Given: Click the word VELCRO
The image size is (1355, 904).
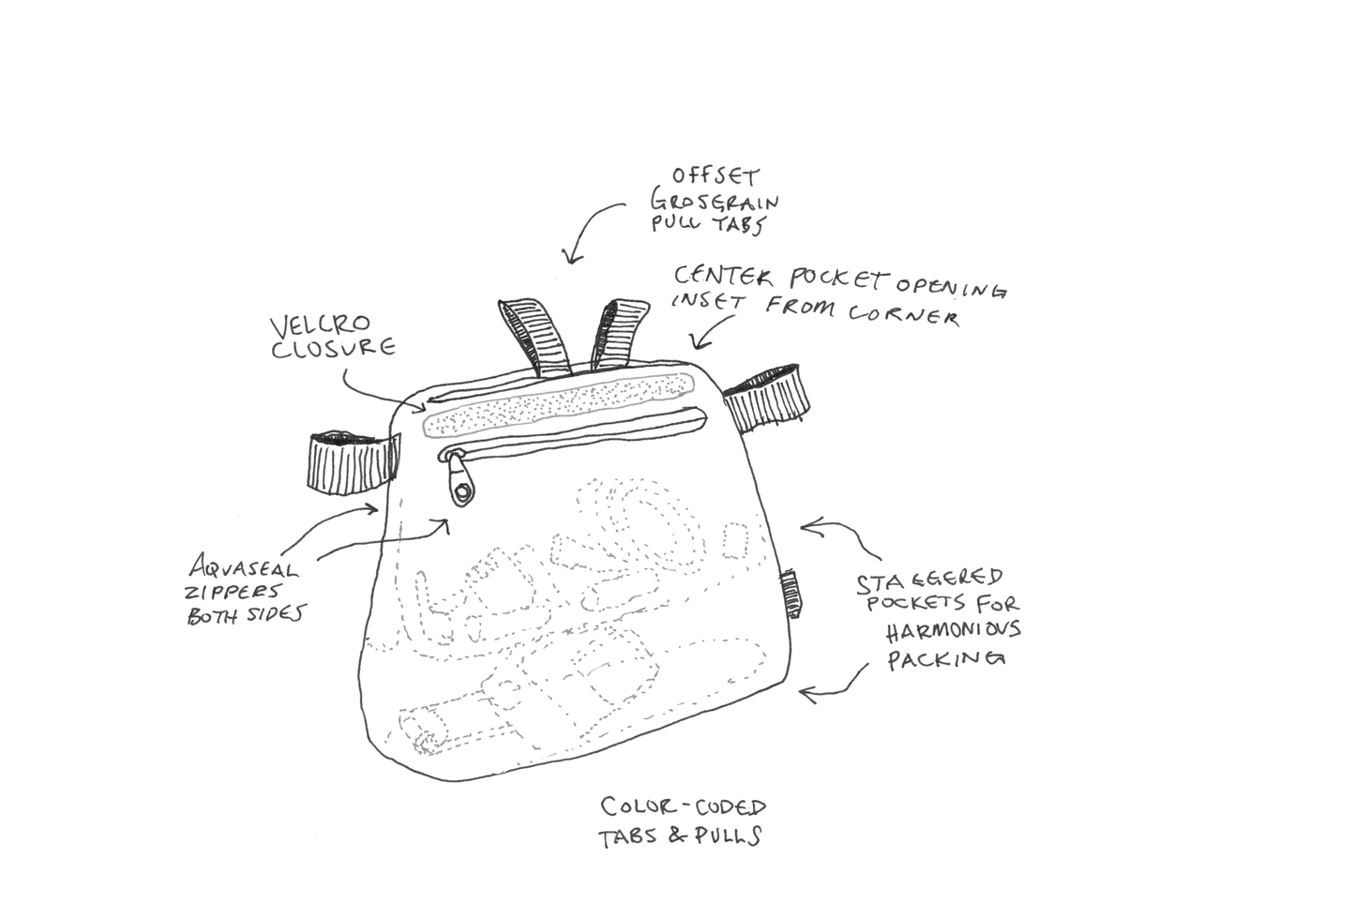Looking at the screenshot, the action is (321, 326).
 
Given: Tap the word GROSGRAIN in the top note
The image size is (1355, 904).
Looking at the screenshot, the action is (715, 200).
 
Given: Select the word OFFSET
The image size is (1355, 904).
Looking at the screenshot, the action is (715, 176).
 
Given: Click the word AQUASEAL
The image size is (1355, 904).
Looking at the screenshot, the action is (244, 568).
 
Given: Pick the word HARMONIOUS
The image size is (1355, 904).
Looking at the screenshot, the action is (954, 631).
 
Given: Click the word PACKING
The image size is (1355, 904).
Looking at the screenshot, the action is (946, 658).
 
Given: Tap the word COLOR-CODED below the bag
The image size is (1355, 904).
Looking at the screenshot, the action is (684, 806).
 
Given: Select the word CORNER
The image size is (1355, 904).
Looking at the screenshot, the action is (904, 315).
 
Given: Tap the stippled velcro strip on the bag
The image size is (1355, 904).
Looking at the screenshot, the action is (558, 402).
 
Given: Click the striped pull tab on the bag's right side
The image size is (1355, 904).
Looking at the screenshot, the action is (766, 398).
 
